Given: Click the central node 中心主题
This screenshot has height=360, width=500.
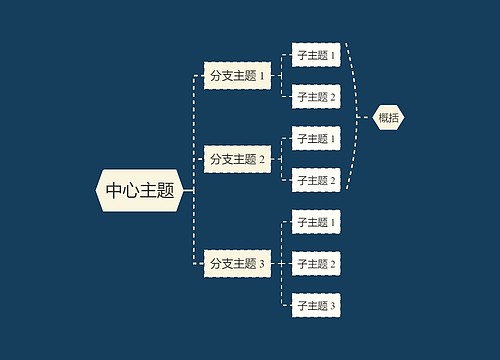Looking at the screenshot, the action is [x=140, y=190].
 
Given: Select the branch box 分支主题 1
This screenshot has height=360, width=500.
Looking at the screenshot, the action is [x=237, y=75].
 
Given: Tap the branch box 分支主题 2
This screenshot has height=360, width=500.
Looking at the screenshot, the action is [x=237, y=159].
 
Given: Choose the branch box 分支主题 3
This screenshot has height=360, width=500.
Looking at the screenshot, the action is [x=237, y=264].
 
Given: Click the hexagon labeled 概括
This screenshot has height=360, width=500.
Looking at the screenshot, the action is [x=389, y=117].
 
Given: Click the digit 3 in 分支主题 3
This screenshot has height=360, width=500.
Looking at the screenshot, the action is [x=262, y=265].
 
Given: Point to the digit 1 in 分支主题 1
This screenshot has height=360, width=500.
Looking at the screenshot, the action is [x=262, y=76].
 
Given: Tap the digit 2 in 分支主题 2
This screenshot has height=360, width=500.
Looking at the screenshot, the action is [x=262, y=160].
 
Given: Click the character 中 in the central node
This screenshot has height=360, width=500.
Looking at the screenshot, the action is [x=114, y=190].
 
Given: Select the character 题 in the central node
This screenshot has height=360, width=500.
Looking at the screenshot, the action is [x=166, y=190].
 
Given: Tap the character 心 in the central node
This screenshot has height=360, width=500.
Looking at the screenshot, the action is [x=131, y=190].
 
